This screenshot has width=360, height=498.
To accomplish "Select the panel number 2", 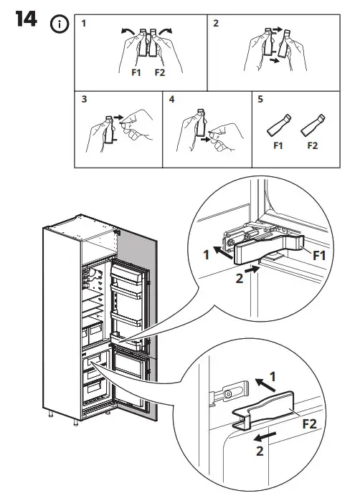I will click(217, 24).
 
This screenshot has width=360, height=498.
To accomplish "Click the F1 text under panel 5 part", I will click(278, 146).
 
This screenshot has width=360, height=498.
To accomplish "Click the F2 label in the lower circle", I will click(309, 423).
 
